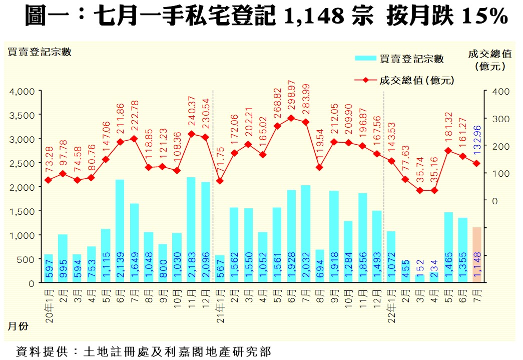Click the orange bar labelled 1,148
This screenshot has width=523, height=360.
pyautogui.click(x=477, y=255)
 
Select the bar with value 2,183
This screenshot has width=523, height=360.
pyautogui.click(x=191, y=230)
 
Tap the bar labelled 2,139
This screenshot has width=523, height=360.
pyautogui.click(x=120, y=231)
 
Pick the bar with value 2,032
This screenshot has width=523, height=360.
pyautogui.click(x=306, y=234)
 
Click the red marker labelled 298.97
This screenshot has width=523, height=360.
pyautogui.click(x=291, y=118)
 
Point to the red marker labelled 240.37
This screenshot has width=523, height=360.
pyautogui.click(x=191, y=134)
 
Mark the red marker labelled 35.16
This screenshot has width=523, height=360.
pyautogui.click(x=434, y=191)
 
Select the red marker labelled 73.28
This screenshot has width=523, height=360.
pyautogui.click(x=48, y=180)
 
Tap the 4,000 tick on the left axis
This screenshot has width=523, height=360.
pyautogui.click(x=22, y=91)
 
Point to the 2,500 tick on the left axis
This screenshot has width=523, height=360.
pyautogui.click(x=22, y=163)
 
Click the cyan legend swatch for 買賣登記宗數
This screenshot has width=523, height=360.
pyautogui.click(x=365, y=58)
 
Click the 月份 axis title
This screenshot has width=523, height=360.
pyautogui.click(x=18, y=326)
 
